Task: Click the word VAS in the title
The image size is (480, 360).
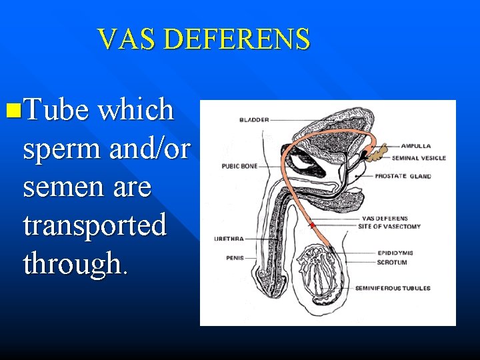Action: click(126, 39)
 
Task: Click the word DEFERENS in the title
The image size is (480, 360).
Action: click(237, 39)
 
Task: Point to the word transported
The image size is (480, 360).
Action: click(95, 225)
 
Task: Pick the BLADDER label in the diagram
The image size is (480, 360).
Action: click(254, 120)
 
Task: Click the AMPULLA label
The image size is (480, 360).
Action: click(415, 145)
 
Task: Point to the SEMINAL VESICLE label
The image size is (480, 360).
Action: click(419, 158)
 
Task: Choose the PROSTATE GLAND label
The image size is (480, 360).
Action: click(403, 177)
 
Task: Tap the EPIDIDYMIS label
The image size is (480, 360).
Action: click(395, 253)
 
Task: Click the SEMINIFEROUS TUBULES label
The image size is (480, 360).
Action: click(401, 288)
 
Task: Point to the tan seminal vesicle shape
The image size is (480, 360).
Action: click(379, 153)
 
